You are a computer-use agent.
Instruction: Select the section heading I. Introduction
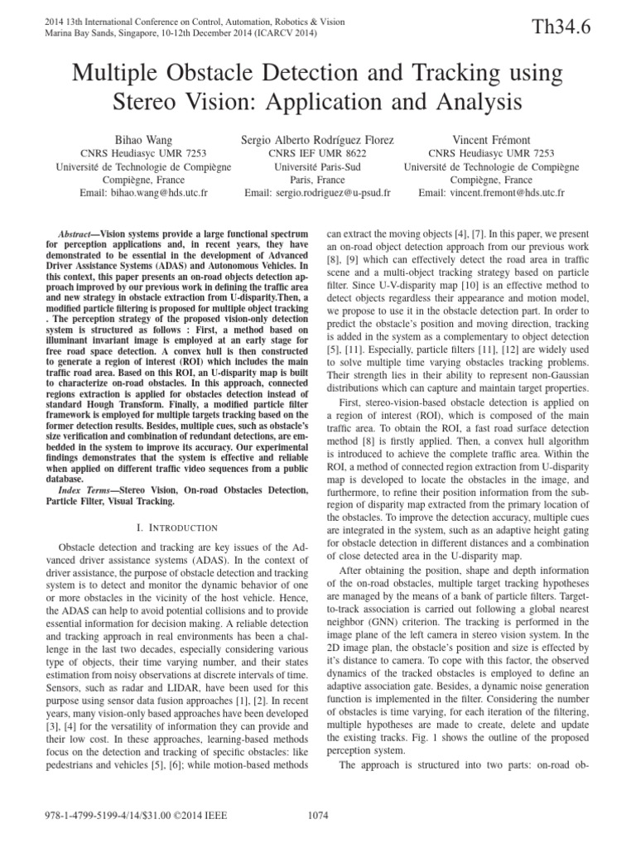(x=176, y=527)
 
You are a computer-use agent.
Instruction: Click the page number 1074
(x=317, y=817)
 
